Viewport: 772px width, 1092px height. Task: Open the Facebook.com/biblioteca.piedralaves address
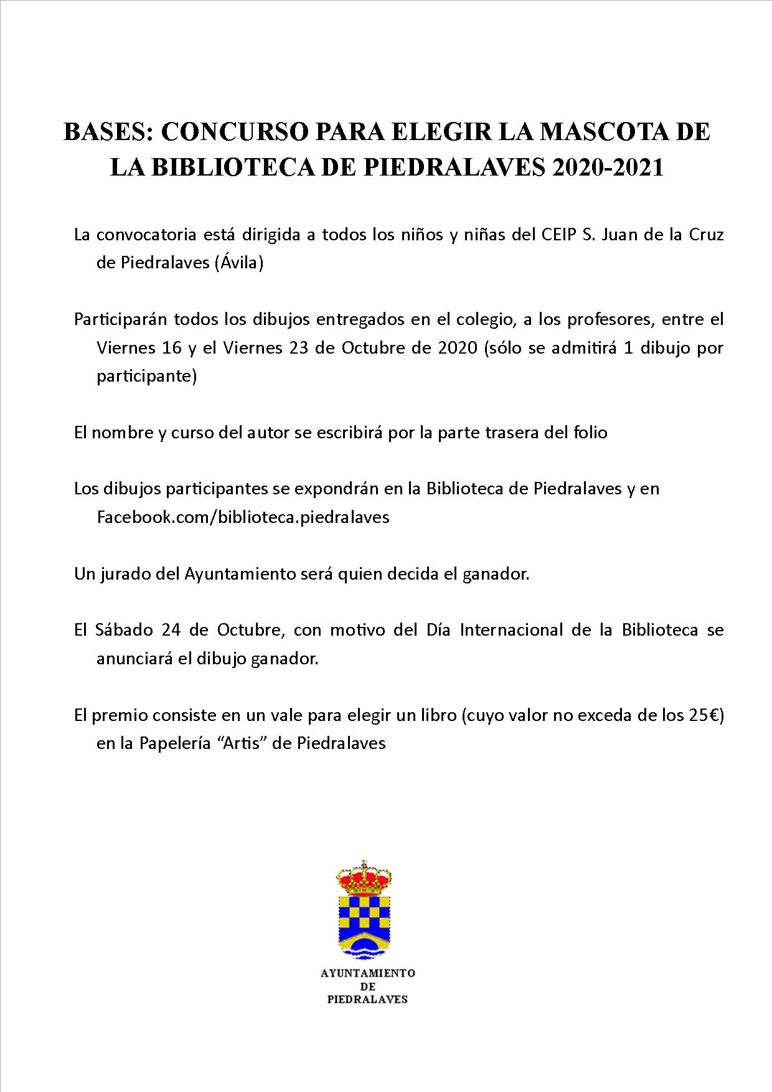point(243,517)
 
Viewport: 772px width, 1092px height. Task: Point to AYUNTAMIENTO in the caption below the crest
point(368,973)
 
